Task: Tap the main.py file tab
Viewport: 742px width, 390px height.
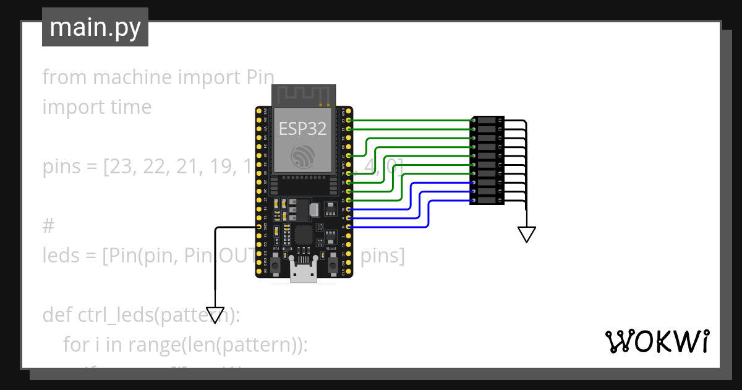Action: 95,27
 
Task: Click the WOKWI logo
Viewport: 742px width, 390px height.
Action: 656,342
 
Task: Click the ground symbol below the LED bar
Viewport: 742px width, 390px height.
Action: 527,234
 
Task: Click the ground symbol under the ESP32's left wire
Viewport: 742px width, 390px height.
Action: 215,314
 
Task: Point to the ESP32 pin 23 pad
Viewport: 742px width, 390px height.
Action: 349,120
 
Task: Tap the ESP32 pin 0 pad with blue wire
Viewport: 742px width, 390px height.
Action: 349,227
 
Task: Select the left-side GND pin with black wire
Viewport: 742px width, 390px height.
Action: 259,227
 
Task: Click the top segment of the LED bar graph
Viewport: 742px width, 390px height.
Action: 488,120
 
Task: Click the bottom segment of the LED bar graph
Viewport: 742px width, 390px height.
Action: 488,201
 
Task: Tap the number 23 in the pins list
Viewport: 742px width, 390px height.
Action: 122,167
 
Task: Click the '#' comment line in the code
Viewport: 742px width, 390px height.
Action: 49,226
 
